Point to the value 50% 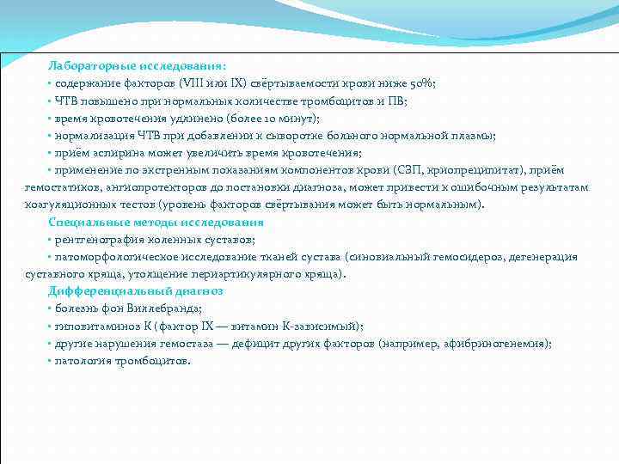(423, 83)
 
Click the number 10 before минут (265, 118)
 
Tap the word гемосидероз (469, 257)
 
